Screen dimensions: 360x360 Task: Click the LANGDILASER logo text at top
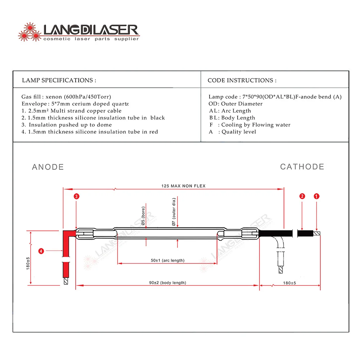(x=90, y=30)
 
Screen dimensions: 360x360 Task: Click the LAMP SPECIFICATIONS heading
(x=59, y=80)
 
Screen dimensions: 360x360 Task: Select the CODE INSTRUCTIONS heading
(x=242, y=80)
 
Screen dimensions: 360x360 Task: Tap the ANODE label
(x=48, y=167)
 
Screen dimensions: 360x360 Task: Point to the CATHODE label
(x=302, y=167)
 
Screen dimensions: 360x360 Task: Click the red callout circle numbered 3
(x=76, y=196)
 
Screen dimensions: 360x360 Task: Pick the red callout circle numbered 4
(x=41, y=251)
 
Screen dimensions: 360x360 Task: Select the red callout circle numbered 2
(x=302, y=196)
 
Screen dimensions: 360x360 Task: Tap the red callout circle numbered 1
(x=316, y=196)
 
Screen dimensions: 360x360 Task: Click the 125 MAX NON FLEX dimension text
(x=183, y=186)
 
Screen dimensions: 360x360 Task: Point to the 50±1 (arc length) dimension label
(x=167, y=260)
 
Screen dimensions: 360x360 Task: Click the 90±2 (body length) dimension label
(x=168, y=283)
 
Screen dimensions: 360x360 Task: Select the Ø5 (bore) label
(x=143, y=216)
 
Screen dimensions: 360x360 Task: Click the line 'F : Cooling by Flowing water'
(x=249, y=125)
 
